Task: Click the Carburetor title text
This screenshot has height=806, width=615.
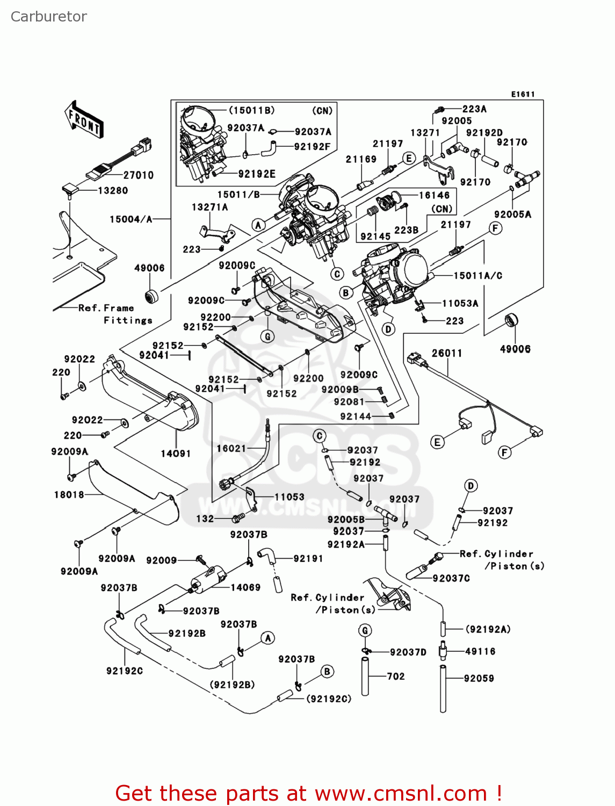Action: [48, 17]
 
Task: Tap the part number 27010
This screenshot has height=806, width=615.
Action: [138, 175]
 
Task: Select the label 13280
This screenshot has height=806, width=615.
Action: [113, 191]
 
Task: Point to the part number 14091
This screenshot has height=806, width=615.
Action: [176, 454]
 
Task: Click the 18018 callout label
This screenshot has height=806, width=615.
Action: [69, 494]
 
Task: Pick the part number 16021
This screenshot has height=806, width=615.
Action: [231, 448]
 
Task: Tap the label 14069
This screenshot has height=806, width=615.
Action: [245, 587]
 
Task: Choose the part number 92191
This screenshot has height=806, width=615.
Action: [308, 558]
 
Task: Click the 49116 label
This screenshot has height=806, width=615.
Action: [480, 651]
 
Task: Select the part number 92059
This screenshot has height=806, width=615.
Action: [479, 678]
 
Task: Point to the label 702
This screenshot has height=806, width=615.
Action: [396, 676]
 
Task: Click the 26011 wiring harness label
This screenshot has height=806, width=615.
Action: [447, 353]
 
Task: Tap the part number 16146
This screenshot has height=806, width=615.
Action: [434, 195]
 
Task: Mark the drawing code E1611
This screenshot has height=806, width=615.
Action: [523, 94]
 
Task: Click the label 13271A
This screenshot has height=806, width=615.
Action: [209, 207]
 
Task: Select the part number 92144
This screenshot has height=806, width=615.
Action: [356, 416]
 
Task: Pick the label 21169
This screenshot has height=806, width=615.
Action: [361, 159]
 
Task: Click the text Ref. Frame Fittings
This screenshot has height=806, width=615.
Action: [115, 314]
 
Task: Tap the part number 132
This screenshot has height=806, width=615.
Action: [205, 519]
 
